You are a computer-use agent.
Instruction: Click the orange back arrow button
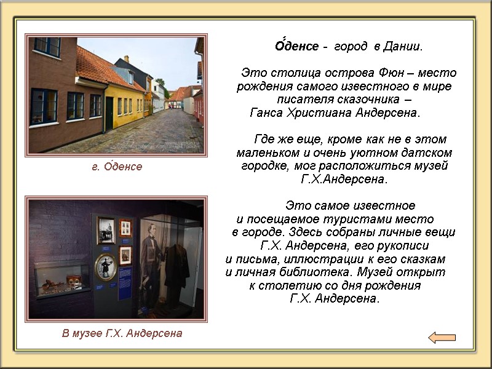pos(442,337)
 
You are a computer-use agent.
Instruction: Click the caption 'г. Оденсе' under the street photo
pos(113,167)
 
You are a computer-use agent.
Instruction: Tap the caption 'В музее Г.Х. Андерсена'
pos(122,333)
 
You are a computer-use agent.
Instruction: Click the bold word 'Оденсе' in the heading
pos(296,47)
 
